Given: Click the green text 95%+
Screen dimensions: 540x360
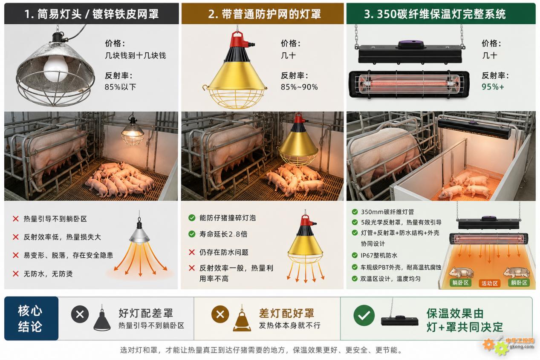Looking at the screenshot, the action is point(493,87).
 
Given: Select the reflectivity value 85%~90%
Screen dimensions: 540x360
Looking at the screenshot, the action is point(299,87).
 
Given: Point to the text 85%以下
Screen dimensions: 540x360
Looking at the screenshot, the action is point(120,87).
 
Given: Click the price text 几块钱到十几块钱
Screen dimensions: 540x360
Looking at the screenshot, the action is point(135,56).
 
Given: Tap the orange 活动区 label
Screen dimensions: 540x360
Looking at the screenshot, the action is point(489,283).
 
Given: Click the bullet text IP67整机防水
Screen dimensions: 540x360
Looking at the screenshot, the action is point(379,256).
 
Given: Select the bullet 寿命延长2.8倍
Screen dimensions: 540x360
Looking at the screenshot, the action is point(223,234).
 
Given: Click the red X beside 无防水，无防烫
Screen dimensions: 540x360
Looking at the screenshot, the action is point(16,274).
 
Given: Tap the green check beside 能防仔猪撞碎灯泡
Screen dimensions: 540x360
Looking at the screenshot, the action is point(192,218).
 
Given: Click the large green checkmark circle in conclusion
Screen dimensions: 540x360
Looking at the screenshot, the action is point(364,315).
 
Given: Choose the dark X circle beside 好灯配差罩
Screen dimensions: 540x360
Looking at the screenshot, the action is point(80,314).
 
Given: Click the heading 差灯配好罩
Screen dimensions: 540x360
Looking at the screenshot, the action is point(286,313).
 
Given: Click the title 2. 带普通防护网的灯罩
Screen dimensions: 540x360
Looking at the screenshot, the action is point(264,14).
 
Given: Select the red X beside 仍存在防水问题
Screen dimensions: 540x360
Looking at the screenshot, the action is point(192,252).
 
